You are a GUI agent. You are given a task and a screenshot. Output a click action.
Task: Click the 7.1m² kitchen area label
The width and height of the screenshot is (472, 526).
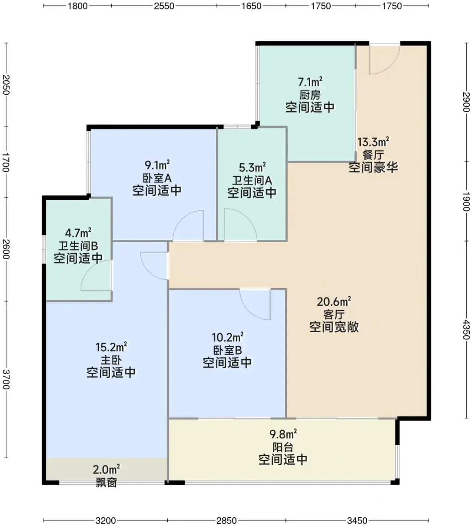[310, 82]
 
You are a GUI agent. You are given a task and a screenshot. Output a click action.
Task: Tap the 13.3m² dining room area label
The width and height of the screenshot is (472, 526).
[373, 142]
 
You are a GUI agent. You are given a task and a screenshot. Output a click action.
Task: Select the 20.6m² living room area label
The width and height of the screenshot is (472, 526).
[334, 302]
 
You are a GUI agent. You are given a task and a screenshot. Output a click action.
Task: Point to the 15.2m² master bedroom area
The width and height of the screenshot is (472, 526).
[111, 347]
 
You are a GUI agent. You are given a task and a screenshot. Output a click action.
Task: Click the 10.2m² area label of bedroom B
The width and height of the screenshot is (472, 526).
[228, 337]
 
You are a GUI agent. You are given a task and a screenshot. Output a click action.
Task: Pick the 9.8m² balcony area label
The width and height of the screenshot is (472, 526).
[283, 434]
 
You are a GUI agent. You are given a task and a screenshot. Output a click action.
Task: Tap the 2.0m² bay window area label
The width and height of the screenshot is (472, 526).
[106, 469]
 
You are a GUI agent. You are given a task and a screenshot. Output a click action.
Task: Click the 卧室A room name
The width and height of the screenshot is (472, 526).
[157, 178]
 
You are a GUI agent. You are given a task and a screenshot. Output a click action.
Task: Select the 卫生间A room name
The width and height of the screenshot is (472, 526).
[252, 180]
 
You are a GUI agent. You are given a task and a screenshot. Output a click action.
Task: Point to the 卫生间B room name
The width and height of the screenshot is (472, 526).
[78, 246]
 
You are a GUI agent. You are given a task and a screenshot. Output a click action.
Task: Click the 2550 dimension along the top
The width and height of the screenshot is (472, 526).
[164, 6]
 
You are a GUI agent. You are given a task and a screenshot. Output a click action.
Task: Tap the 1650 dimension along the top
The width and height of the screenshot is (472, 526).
[251, 6]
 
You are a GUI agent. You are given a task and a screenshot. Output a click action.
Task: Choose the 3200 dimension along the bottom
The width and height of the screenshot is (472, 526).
[106, 520]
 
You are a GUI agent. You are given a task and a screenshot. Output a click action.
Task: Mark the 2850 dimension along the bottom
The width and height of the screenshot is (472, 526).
[226, 520]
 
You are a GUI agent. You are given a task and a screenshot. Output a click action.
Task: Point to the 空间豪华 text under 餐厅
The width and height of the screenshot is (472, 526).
[373, 167]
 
